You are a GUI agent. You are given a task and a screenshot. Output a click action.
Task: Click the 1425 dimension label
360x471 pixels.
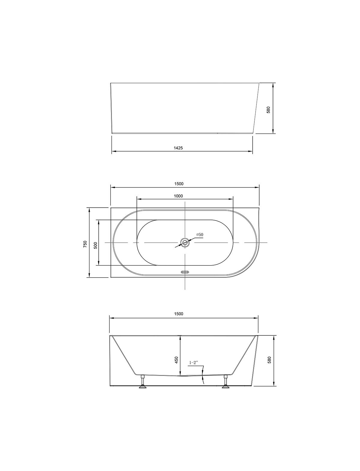pyautogui.click(x=178, y=148)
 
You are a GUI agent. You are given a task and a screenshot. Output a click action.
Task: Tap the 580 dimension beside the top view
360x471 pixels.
pyautogui.click(x=268, y=110)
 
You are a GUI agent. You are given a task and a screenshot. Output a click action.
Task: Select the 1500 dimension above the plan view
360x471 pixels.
pyautogui.click(x=179, y=184)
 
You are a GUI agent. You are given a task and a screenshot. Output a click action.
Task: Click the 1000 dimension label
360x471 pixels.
pyautogui.click(x=178, y=196)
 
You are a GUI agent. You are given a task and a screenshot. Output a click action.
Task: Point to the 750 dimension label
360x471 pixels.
pyautogui.click(x=85, y=244)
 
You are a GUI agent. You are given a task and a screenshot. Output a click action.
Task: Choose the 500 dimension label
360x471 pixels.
pyautogui.click(x=96, y=245)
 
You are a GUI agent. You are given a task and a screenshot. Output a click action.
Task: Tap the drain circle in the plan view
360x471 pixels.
pyautogui.click(x=185, y=243)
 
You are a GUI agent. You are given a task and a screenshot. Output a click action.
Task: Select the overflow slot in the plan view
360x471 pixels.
pyautogui.click(x=185, y=272)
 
